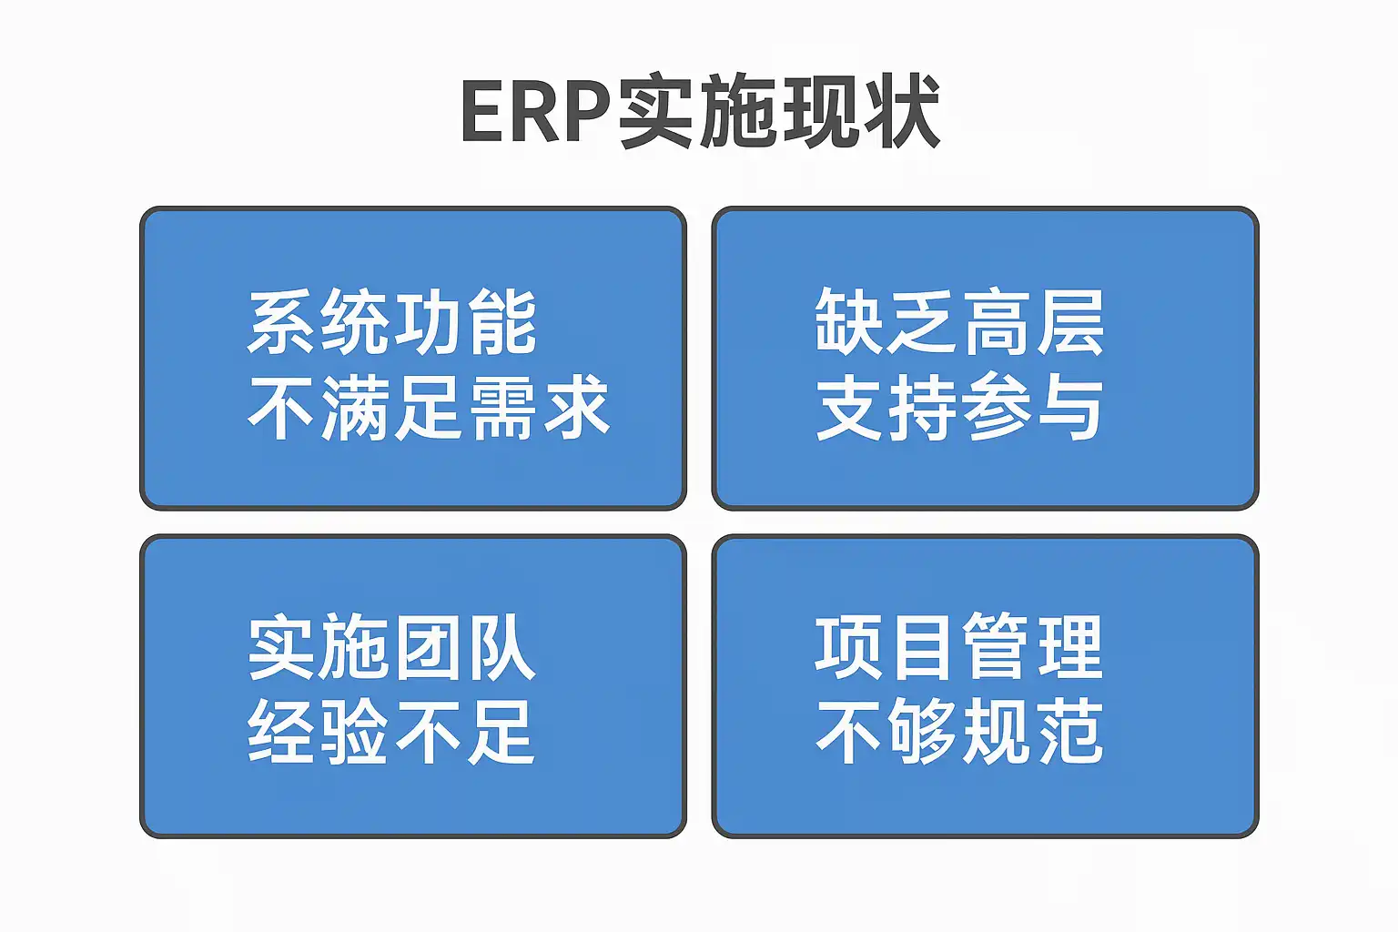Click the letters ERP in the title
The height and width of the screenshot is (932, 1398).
pyautogui.click(x=535, y=113)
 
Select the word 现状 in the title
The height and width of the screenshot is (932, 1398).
pyautogui.click(x=860, y=113)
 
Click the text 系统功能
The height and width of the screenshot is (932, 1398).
pyautogui.click(x=392, y=322)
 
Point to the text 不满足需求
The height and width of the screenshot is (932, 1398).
pyautogui.click(x=428, y=407)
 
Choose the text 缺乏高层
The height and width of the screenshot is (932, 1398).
pyautogui.click(x=959, y=322)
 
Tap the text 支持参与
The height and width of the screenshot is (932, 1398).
pyautogui.click(x=959, y=407)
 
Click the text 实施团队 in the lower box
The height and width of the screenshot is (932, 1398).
pyautogui.click(x=392, y=648)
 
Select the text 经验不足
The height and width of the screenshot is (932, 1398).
pyautogui.click(x=392, y=732)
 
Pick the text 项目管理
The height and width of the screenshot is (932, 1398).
pyautogui.click(x=959, y=648)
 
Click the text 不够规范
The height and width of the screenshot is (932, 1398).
pyautogui.click(x=959, y=732)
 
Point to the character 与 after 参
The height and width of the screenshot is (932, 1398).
pyautogui.click(x=1070, y=407)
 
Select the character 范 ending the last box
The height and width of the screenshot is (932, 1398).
pyautogui.click(x=1070, y=732)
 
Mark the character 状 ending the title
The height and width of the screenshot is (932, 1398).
pyautogui.click(x=901, y=113)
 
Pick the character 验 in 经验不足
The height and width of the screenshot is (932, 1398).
pyautogui.click(x=355, y=732)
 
